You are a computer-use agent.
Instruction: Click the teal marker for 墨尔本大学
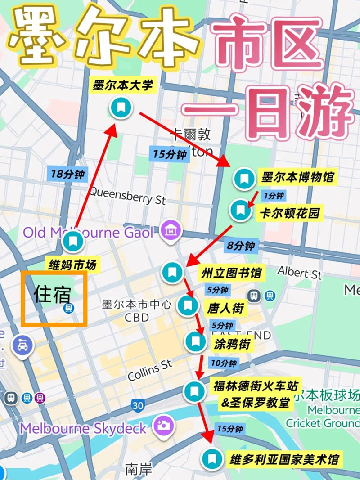(x=121, y=108)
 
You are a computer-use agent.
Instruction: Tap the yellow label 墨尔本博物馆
(x=298, y=178)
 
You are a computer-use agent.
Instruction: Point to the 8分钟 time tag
(x=241, y=246)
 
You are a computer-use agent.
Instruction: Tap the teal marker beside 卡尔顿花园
(x=241, y=210)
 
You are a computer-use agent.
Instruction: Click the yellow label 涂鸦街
(x=233, y=345)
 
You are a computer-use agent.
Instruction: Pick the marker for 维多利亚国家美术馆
(x=211, y=459)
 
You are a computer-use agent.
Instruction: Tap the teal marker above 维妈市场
(x=73, y=242)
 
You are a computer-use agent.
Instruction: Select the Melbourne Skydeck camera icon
(x=163, y=425)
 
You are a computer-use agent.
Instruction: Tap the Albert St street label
(x=300, y=273)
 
